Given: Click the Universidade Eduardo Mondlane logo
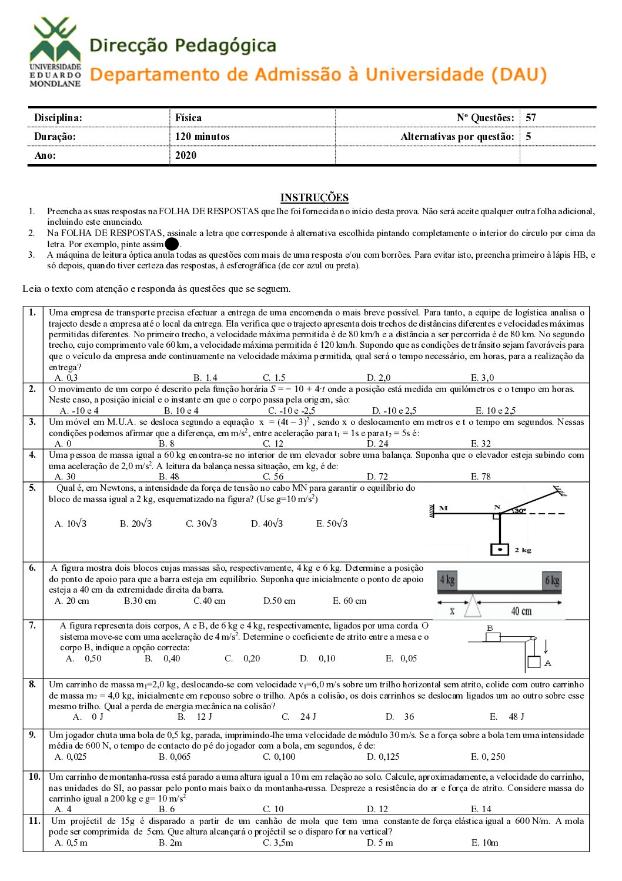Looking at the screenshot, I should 55,52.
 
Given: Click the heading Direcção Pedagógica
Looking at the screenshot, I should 182,45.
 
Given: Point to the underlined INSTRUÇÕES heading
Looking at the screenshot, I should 314,198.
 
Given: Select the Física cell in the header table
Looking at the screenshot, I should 188,118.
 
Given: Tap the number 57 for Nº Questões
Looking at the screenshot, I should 531,118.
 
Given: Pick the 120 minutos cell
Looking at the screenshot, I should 202,137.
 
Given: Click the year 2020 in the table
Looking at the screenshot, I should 186,155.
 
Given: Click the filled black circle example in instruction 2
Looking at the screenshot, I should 172,244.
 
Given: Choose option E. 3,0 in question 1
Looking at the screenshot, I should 482,378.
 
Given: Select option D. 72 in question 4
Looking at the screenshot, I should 377,477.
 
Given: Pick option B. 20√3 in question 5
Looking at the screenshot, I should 136,523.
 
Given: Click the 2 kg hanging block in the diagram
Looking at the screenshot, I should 500,550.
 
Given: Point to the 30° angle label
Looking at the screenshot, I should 520,511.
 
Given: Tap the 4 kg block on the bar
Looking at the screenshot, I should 447,581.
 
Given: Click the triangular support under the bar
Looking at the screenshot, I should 473,606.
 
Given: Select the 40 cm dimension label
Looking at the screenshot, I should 521,611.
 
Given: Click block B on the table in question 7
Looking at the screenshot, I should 492,637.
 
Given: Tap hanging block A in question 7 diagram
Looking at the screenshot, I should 534,661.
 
